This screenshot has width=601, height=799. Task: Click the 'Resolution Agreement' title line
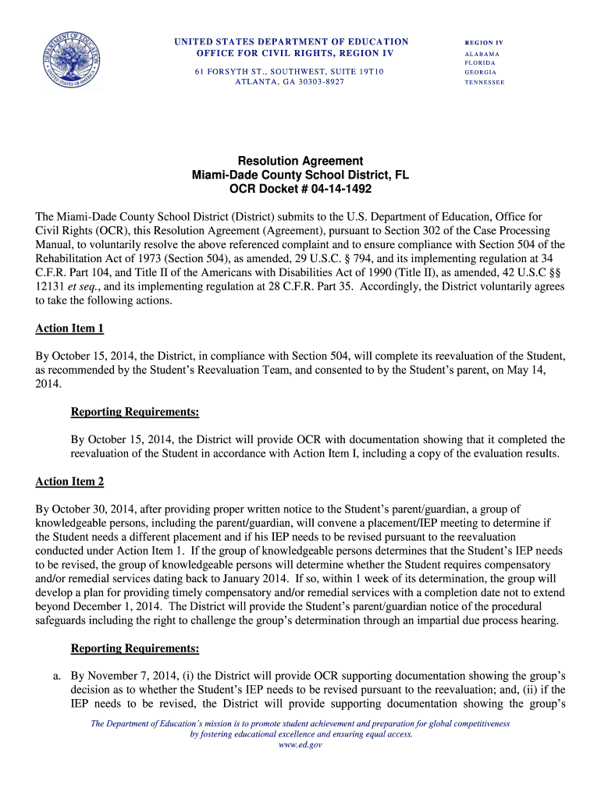click(x=300, y=162)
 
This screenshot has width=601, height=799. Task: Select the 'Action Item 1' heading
click(x=69, y=328)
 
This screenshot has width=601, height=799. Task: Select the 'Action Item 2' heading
click(x=69, y=481)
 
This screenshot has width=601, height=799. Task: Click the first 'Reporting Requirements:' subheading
click(x=134, y=412)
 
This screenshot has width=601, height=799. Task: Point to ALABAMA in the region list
click(x=482, y=54)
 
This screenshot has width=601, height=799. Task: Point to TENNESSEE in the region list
click(x=485, y=82)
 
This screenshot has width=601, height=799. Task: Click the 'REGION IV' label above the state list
click(x=484, y=41)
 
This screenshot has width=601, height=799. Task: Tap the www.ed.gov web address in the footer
click(x=300, y=745)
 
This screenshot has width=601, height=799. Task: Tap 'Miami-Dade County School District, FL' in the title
click(x=300, y=176)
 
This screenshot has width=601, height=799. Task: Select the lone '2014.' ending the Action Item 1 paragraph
click(x=49, y=385)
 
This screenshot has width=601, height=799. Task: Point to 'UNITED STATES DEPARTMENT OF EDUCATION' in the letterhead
click(x=290, y=41)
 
